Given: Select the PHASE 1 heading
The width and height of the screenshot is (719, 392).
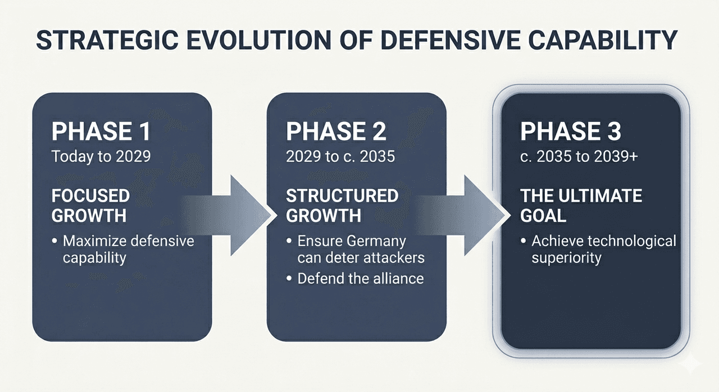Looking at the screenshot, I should [x=101, y=131].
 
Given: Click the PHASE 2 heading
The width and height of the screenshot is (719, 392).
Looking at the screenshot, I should [x=336, y=131].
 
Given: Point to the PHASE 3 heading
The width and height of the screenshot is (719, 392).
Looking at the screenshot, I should [x=571, y=131].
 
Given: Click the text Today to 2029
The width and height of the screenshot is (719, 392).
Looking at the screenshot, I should [x=101, y=156].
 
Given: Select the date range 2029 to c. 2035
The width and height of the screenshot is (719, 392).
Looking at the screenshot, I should [x=340, y=156].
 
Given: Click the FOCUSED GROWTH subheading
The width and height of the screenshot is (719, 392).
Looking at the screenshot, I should [x=90, y=205].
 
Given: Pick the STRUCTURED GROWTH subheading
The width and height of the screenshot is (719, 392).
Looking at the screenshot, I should [x=342, y=205].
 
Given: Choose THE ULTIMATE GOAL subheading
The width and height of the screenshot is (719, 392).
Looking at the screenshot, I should [x=581, y=205].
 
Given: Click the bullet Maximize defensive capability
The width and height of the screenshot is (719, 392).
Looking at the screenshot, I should [x=126, y=249].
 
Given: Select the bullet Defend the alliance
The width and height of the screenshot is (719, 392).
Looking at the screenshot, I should [x=359, y=277].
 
